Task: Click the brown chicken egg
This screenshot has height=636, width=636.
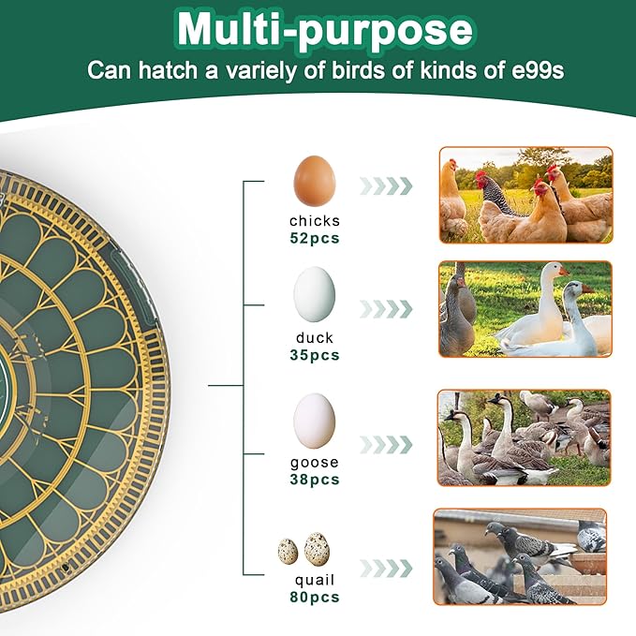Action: click(x=315, y=181)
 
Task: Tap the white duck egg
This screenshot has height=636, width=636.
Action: click(x=315, y=294)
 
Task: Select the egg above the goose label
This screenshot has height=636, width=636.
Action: click(x=315, y=421)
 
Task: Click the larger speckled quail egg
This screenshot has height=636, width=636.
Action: click(x=317, y=548)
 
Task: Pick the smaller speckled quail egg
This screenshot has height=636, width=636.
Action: click(x=288, y=551)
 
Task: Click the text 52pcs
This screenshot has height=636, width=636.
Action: click(x=315, y=238)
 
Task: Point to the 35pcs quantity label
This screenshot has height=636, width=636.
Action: click(x=315, y=355)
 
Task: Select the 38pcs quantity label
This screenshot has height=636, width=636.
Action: click(x=315, y=480)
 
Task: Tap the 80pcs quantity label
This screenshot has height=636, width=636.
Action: click(x=315, y=597)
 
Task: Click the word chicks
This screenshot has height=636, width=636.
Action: click(x=315, y=221)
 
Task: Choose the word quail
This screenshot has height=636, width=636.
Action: click(x=315, y=581)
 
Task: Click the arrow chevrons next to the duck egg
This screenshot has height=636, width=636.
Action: click(x=386, y=309)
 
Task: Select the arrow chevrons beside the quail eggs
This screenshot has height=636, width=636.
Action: click(x=386, y=568)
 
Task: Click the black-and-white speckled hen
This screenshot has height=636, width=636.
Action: click(x=499, y=194)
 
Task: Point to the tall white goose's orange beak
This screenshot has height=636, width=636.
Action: click(x=564, y=270)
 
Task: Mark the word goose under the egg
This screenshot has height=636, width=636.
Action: click(x=315, y=463)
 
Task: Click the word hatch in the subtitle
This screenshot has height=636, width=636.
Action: click(x=168, y=69)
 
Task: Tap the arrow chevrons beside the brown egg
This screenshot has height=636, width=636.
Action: click(x=386, y=185)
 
